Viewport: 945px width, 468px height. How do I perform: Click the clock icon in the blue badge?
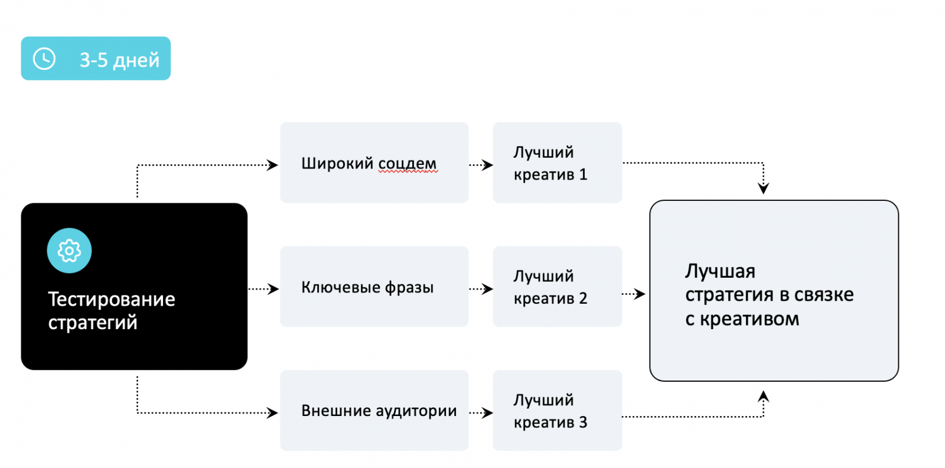click(x=44, y=58)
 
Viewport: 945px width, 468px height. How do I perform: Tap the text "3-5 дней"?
click(x=119, y=60)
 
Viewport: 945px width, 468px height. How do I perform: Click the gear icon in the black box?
click(x=69, y=251)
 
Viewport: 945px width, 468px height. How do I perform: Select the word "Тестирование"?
click(x=112, y=299)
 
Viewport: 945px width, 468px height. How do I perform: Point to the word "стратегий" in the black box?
click(x=93, y=323)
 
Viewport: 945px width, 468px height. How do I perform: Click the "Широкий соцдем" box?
click(x=374, y=162)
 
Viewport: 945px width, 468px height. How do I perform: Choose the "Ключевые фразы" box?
click(x=374, y=287)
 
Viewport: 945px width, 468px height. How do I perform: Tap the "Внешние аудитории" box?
click(x=374, y=410)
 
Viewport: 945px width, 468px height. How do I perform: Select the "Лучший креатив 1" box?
click(x=557, y=162)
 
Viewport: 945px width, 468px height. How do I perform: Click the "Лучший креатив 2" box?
click(x=557, y=287)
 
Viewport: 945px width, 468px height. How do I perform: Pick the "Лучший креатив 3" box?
click(x=557, y=410)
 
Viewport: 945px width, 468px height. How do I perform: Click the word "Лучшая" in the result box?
click(x=720, y=271)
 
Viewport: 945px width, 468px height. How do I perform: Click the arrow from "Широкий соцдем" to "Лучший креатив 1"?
click(x=481, y=165)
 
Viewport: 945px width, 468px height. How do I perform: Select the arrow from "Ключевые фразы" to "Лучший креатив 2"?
click(x=481, y=289)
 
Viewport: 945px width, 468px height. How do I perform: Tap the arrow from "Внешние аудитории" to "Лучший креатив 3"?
click(x=481, y=412)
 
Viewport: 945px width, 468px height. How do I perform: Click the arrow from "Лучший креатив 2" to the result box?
click(x=634, y=294)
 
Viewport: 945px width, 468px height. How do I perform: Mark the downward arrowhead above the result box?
click(x=764, y=188)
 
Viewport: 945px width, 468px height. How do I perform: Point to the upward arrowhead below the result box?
click(x=764, y=396)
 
